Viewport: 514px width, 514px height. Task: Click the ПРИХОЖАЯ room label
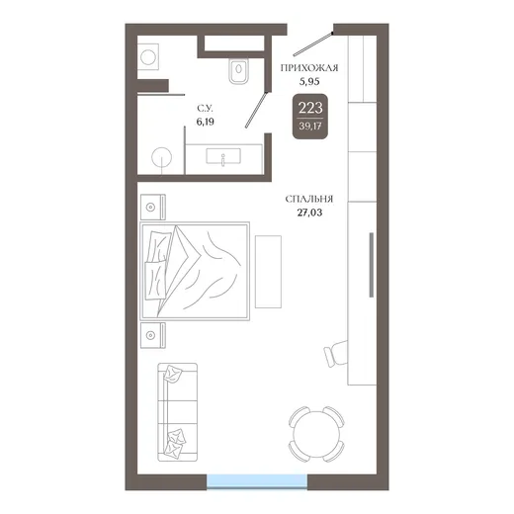(x=309, y=68)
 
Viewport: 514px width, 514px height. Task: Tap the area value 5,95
(x=309, y=81)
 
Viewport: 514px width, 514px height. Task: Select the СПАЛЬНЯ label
(x=309, y=199)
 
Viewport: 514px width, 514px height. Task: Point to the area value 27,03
(x=309, y=213)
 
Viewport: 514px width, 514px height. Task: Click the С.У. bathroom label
(x=206, y=108)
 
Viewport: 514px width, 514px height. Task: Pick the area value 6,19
(x=206, y=122)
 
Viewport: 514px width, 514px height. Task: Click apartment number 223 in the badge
(x=310, y=108)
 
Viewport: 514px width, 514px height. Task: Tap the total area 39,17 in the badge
(x=310, y=126)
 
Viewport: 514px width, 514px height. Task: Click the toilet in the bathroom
(x=238, y=70)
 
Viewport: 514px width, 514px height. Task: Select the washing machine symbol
(x=148, y=57)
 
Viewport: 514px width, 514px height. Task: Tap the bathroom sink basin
(x=223, y=156)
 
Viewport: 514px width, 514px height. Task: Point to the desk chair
(x=335, y=354)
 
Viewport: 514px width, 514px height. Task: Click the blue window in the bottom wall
(x=257, y=480)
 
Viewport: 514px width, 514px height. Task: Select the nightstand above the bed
(x=153, y=208)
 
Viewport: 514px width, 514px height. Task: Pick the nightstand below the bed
(x=153, y=335)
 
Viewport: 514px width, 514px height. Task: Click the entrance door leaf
(x=312, y=44)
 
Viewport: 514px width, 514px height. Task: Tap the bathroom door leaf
(x=256, y=110)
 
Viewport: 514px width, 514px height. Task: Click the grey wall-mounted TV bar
(x=372, y=265)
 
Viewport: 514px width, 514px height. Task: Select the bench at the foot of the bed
(x=268, y=272)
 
